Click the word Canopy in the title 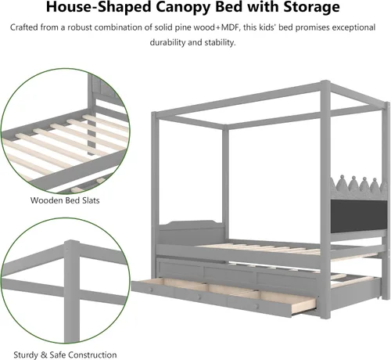[180, 7]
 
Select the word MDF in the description [230, 27]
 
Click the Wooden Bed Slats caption [65, 200]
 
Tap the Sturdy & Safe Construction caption [65, 355]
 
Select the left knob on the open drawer [151, 290]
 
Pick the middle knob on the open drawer [199, 297]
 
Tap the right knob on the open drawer [257, 306]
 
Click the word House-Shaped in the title [99, 7]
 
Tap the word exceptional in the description [353, 27]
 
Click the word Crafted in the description [24, 27]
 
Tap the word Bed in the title [227, 7]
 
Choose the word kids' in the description [267, 27]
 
